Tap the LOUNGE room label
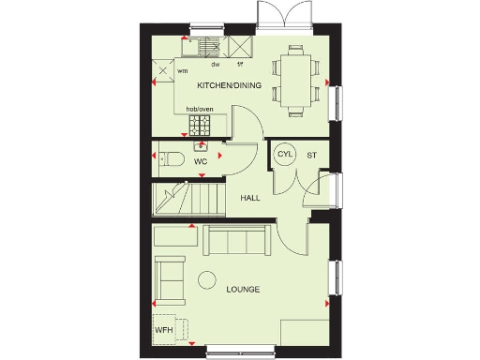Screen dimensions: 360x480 tap(243, 290)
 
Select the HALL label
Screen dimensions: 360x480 tap(250, 199)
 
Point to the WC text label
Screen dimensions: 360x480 tap(200, 162)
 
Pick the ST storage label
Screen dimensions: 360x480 tap(311, 154)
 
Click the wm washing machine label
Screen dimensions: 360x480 tap(182, 69)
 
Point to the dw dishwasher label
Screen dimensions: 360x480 tap(215, 64)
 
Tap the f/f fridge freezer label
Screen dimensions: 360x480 tap(240, 64)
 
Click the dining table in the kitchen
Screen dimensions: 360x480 tap(296, 80)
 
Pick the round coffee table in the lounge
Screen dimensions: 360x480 tap(206, 278)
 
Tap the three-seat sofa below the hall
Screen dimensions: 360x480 tap(237, 242)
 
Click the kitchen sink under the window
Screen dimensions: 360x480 tap(204, 45)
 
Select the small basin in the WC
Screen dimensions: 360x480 tap(201, 146)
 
